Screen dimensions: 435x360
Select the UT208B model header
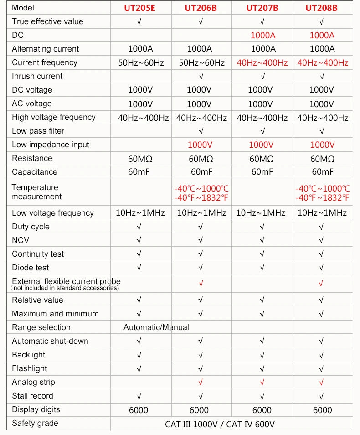click(322, 8)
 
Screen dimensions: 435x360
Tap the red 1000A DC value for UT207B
click(263, 35)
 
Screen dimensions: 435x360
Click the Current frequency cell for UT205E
click(141, 62)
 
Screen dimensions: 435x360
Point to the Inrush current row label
click(37, 76)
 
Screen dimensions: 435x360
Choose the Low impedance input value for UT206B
click(201, 145)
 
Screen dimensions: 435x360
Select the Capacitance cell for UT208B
click(322, 172)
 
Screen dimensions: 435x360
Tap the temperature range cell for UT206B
click(201, 192)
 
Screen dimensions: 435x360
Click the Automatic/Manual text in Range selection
click(156, 327)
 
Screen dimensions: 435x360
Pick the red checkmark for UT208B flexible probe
click(322, 284)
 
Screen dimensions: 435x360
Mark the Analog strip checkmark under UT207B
click(262, 382)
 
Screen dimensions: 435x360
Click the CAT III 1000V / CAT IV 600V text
click(220, 424)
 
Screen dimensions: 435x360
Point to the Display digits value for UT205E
click(139, 410)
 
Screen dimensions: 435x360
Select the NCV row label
click(21, 240)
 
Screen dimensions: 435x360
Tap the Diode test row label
click(31, 268)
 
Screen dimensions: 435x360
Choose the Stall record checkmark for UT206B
click(201, 396)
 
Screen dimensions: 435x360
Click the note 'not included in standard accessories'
click(65, 288)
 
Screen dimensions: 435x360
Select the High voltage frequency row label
click(54, 117)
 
